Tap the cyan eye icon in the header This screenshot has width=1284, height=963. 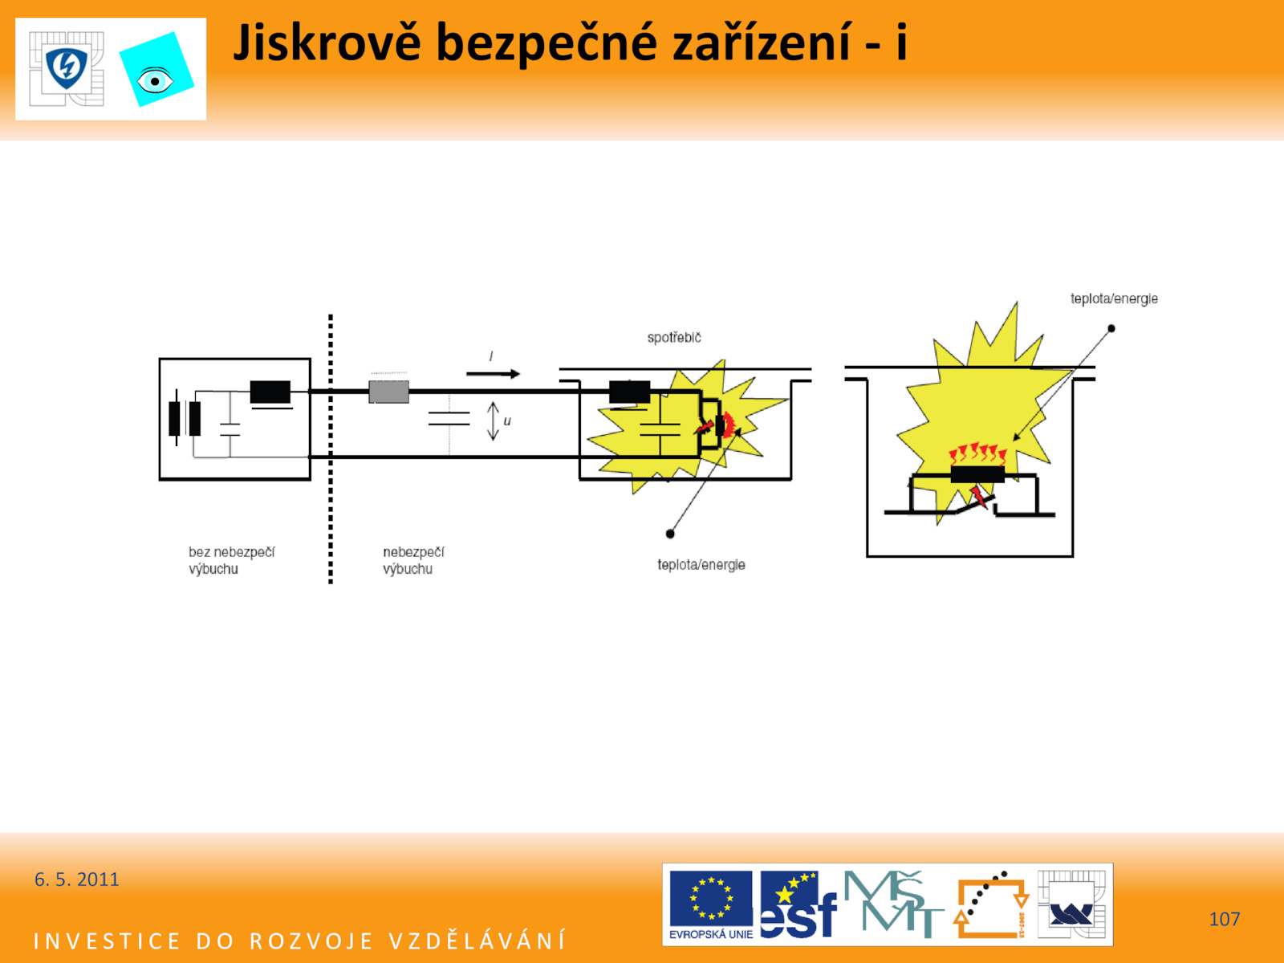point(156,70)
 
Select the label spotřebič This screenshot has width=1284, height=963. point(674,337)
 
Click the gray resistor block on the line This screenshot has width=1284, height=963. point(389,392)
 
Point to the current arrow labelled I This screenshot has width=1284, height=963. point(493,374)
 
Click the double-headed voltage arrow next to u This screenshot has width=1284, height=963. point(493,421)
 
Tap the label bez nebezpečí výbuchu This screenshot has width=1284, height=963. point(232,560)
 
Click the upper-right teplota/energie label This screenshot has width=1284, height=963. point(1114,299)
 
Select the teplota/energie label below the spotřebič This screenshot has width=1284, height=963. point(701,565)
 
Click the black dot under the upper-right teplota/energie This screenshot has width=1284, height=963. point(1111,328)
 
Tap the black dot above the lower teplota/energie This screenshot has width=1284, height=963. point(670,533)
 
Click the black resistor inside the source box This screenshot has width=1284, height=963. point(270,392)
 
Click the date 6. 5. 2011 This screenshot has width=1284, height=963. point(76,880)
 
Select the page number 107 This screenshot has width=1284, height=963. point(1225,919)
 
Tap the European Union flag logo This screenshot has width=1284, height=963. point(711,904)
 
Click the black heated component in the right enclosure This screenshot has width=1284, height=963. point(977,474)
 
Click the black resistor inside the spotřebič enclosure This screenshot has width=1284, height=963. point(629,392)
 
